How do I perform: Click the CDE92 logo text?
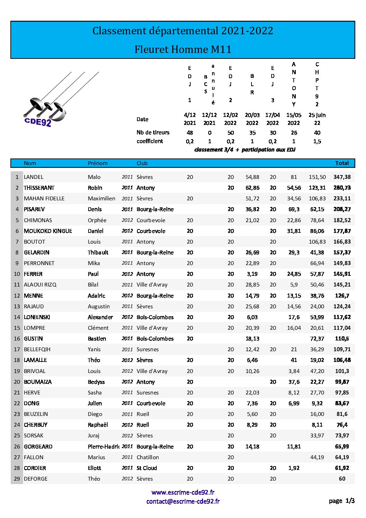click(38, 122)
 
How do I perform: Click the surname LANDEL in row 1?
click(34, 177)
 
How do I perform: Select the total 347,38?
click(342, 177)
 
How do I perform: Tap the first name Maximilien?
click(101, 198)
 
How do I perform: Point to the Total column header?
click(342, 163)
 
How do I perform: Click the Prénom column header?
click(98, 163)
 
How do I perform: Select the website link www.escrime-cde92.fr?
click(183, 492)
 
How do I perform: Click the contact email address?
click(183, 501)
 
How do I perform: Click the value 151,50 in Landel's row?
click(317, 177)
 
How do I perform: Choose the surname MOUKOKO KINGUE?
click(48, 231)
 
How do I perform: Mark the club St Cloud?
click(147, 468)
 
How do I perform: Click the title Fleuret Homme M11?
click(183, 49)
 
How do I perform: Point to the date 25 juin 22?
click(317, 119)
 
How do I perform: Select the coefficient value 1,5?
click(317, 141)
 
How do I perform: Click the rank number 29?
click(17, 479)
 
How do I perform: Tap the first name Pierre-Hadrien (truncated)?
click(103, 446)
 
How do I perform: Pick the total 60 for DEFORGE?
click(342, 479)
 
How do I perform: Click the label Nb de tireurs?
click(153, 132)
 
